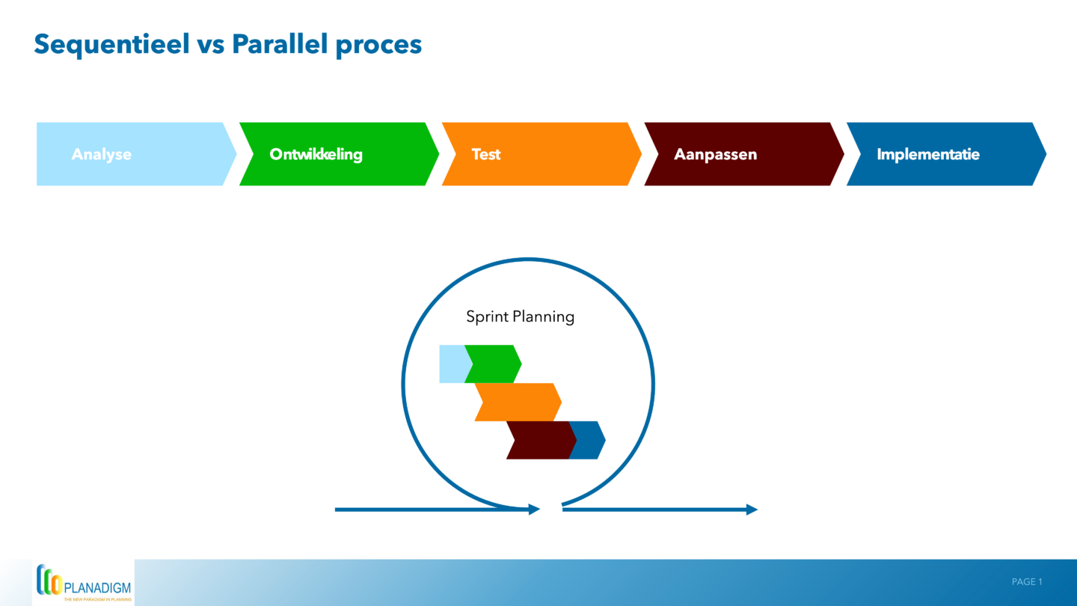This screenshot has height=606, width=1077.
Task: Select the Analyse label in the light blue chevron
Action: click(x=101, y=154)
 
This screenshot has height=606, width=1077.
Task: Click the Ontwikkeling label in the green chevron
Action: click(x=316, y=154)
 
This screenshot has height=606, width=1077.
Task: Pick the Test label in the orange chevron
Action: click(x=485, y=154)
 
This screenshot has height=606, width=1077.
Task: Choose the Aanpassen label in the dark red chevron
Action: click(x=715, y=154)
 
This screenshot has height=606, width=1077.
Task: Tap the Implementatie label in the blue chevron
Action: click(x=927, y=154)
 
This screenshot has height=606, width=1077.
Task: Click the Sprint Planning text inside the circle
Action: click(x=520, y=316)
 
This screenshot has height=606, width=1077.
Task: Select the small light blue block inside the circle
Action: click(x=451, y=364)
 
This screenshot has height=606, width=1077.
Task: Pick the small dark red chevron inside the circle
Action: click(x=538, y=440)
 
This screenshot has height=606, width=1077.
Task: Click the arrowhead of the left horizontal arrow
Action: click(x=534, y=509)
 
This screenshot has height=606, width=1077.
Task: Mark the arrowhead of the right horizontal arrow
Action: click(x=752, y=509)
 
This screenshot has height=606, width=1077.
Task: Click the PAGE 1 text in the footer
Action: click(x=1026, y=582)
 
